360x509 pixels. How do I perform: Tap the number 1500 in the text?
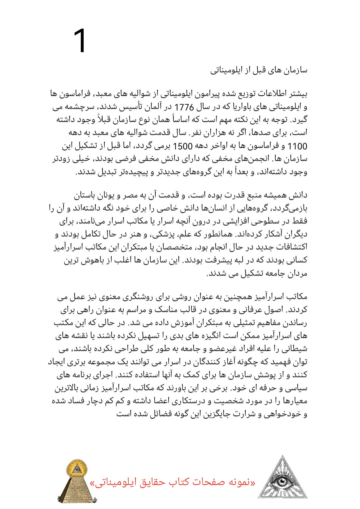click(183, 146)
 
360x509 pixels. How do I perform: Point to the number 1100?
click(297, 146)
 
